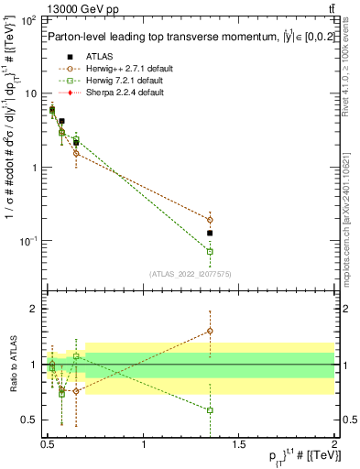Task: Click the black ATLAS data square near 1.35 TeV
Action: tap(210, 234)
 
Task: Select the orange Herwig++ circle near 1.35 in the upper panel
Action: tap(210, 220)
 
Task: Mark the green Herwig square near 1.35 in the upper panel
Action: tap(210, 251)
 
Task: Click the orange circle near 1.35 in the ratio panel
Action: tap(210, 331)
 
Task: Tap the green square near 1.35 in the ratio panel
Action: tap(210, 410)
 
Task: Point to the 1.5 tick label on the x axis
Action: tap(239, 446)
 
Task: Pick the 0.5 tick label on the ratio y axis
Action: tap(28, 420)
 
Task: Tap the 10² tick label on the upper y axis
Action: tap(27, 19)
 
